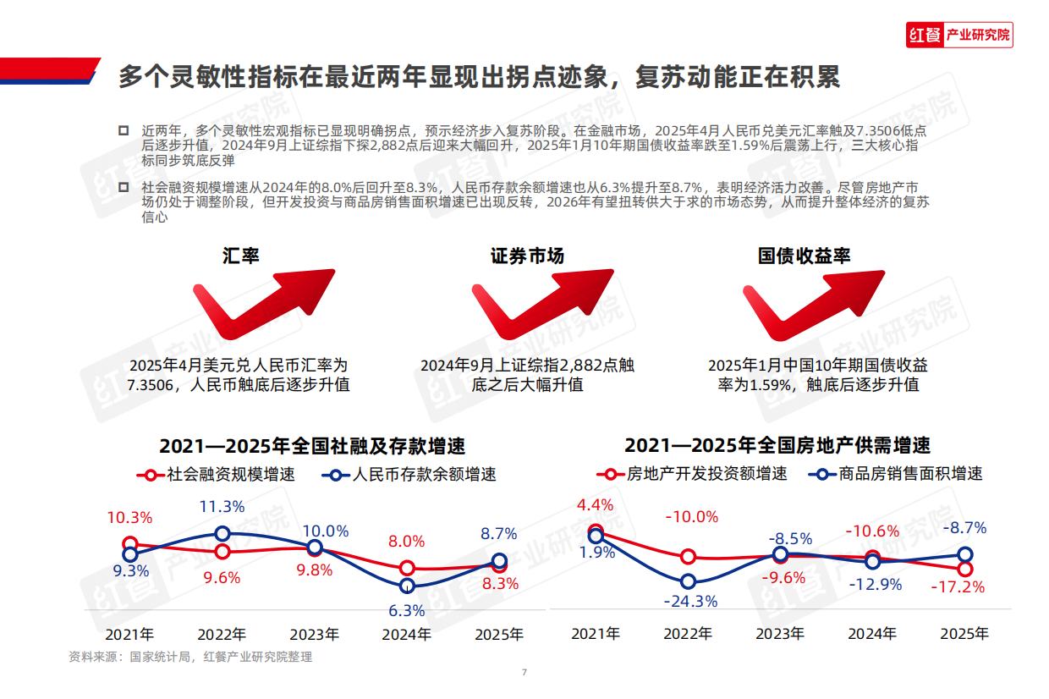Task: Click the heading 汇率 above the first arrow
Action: click(x=241, y=256)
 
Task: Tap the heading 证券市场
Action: click(x=527, y=256)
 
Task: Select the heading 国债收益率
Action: click(x=803, y=256)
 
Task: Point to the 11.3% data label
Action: click(x=222, y=507)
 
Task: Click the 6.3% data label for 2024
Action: click(x=408, y=610)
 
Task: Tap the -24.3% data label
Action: click(x=691, y=602)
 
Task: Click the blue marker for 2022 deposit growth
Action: click(x=222, y=533)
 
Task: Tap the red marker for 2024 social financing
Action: click(x=408, y=568)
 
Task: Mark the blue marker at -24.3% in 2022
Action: click(x=689, y=581)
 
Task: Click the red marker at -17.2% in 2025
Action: click(x=965, y=570)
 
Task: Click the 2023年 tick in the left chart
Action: click(x=315, y=634)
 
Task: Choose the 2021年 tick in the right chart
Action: click(x=596, y=633)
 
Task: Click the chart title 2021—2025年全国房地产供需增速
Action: click(x=777, y=446)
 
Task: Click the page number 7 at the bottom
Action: click(x=524, y=673)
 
